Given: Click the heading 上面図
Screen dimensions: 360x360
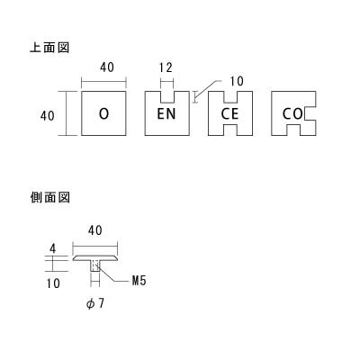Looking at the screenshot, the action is pos(49,48).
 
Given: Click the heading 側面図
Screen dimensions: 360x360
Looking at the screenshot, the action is pos(50,197).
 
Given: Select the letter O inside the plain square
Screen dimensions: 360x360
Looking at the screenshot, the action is pos(103,113).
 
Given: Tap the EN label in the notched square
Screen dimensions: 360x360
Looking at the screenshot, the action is pos(166,113).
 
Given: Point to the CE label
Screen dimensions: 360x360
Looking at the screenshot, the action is pos(229,113).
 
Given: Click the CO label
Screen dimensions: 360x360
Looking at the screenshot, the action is pos(292,113).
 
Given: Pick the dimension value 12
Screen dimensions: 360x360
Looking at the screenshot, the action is pos(166,67).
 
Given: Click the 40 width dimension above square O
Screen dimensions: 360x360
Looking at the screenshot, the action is pos(107,67).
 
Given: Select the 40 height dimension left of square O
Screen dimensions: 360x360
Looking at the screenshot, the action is pos(48,115).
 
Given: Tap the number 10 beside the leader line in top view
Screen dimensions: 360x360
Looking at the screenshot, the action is pos(237,81).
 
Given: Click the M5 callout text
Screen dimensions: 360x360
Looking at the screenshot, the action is pos(139,281).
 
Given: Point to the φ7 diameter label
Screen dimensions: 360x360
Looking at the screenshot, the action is pos(95,304).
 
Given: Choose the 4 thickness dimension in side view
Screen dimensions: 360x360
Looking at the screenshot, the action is pos(53,249).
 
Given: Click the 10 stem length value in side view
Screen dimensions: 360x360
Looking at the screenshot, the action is pos(53,283).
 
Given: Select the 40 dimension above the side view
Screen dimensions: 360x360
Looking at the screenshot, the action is pos(95,230).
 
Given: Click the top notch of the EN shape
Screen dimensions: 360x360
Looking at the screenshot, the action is pos(167,96).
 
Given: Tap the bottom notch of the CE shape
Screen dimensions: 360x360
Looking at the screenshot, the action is pos(230,130).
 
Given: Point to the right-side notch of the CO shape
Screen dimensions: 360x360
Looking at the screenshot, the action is pos(310,113).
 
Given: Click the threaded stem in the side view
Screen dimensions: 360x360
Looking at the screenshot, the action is pos(95,266).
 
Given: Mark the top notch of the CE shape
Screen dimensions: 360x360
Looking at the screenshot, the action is pos(230,96).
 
